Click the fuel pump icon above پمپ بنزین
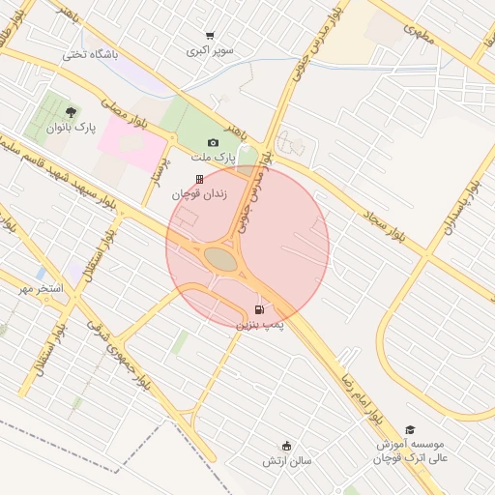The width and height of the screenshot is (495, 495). pyautogui.click(x=259, y=309)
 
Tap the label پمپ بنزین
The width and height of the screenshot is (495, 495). pyautogui.click(x=260, y=325)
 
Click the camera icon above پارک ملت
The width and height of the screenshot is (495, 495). pyautogui.click(x=213, y=143)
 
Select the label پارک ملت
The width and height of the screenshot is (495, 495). pyautogui.click(x=212, y=158)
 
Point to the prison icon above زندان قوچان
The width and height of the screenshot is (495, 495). pyautogui.click(x=199, y=179)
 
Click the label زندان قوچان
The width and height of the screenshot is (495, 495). pyautogui.click(x=199, y=193)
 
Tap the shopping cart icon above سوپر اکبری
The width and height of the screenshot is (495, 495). pyautogui.click(x=211, y=36)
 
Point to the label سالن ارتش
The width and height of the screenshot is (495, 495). pyautogui.click(x=287, y=461)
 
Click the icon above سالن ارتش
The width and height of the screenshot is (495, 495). pyautogui.click(x=287, y=446)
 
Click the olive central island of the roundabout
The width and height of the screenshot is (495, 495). pyautogui.click(x=220, y=259)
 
